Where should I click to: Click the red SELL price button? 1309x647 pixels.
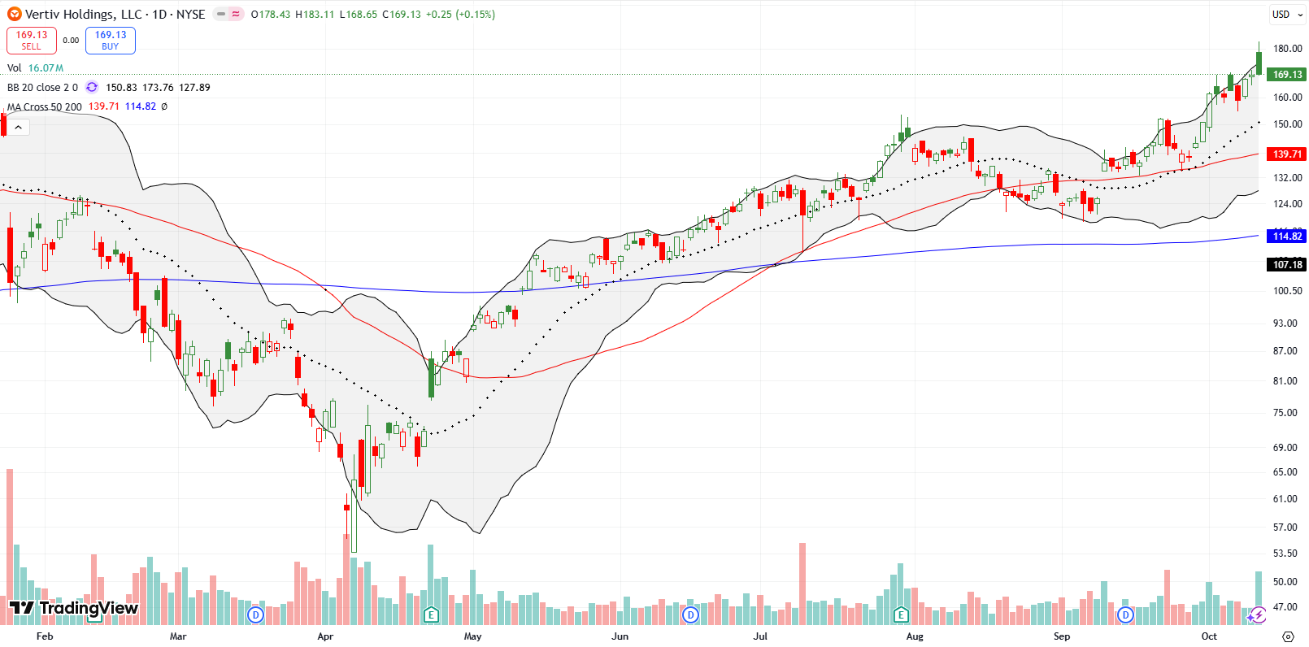click(x=31, y=40)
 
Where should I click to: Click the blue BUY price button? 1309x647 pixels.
click(x=111, y=40)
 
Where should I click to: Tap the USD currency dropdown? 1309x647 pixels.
click(x=1285, y=14)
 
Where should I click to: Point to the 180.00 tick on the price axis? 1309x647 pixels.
click(x=1287, y=49)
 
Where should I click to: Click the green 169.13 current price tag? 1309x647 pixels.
click(x=1286, y=75)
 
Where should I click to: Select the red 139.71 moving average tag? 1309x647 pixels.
click(x=1286, y=154)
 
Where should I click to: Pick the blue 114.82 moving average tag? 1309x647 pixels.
click(x=1286, y=237)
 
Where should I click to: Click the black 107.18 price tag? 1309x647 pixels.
click(x=1286, y=265)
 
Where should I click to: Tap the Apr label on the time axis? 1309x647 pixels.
click(x=325, y=636)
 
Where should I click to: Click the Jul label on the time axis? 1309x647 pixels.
click(x=760, y=636)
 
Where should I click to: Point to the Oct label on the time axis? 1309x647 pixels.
click(x=1209, y=636)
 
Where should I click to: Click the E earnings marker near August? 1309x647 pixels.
click(x=900, y=614)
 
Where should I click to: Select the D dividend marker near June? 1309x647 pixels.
click(x=690, y=614)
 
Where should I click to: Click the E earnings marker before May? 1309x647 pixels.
click(x=431, y=614)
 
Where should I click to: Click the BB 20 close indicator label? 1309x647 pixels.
click(x=42, y=88)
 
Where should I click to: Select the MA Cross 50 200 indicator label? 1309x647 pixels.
click(x=45, y=106)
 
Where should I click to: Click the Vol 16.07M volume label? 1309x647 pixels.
click(x=35, y=68)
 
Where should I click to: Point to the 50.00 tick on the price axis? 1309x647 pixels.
click(x=1285, y=582)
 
